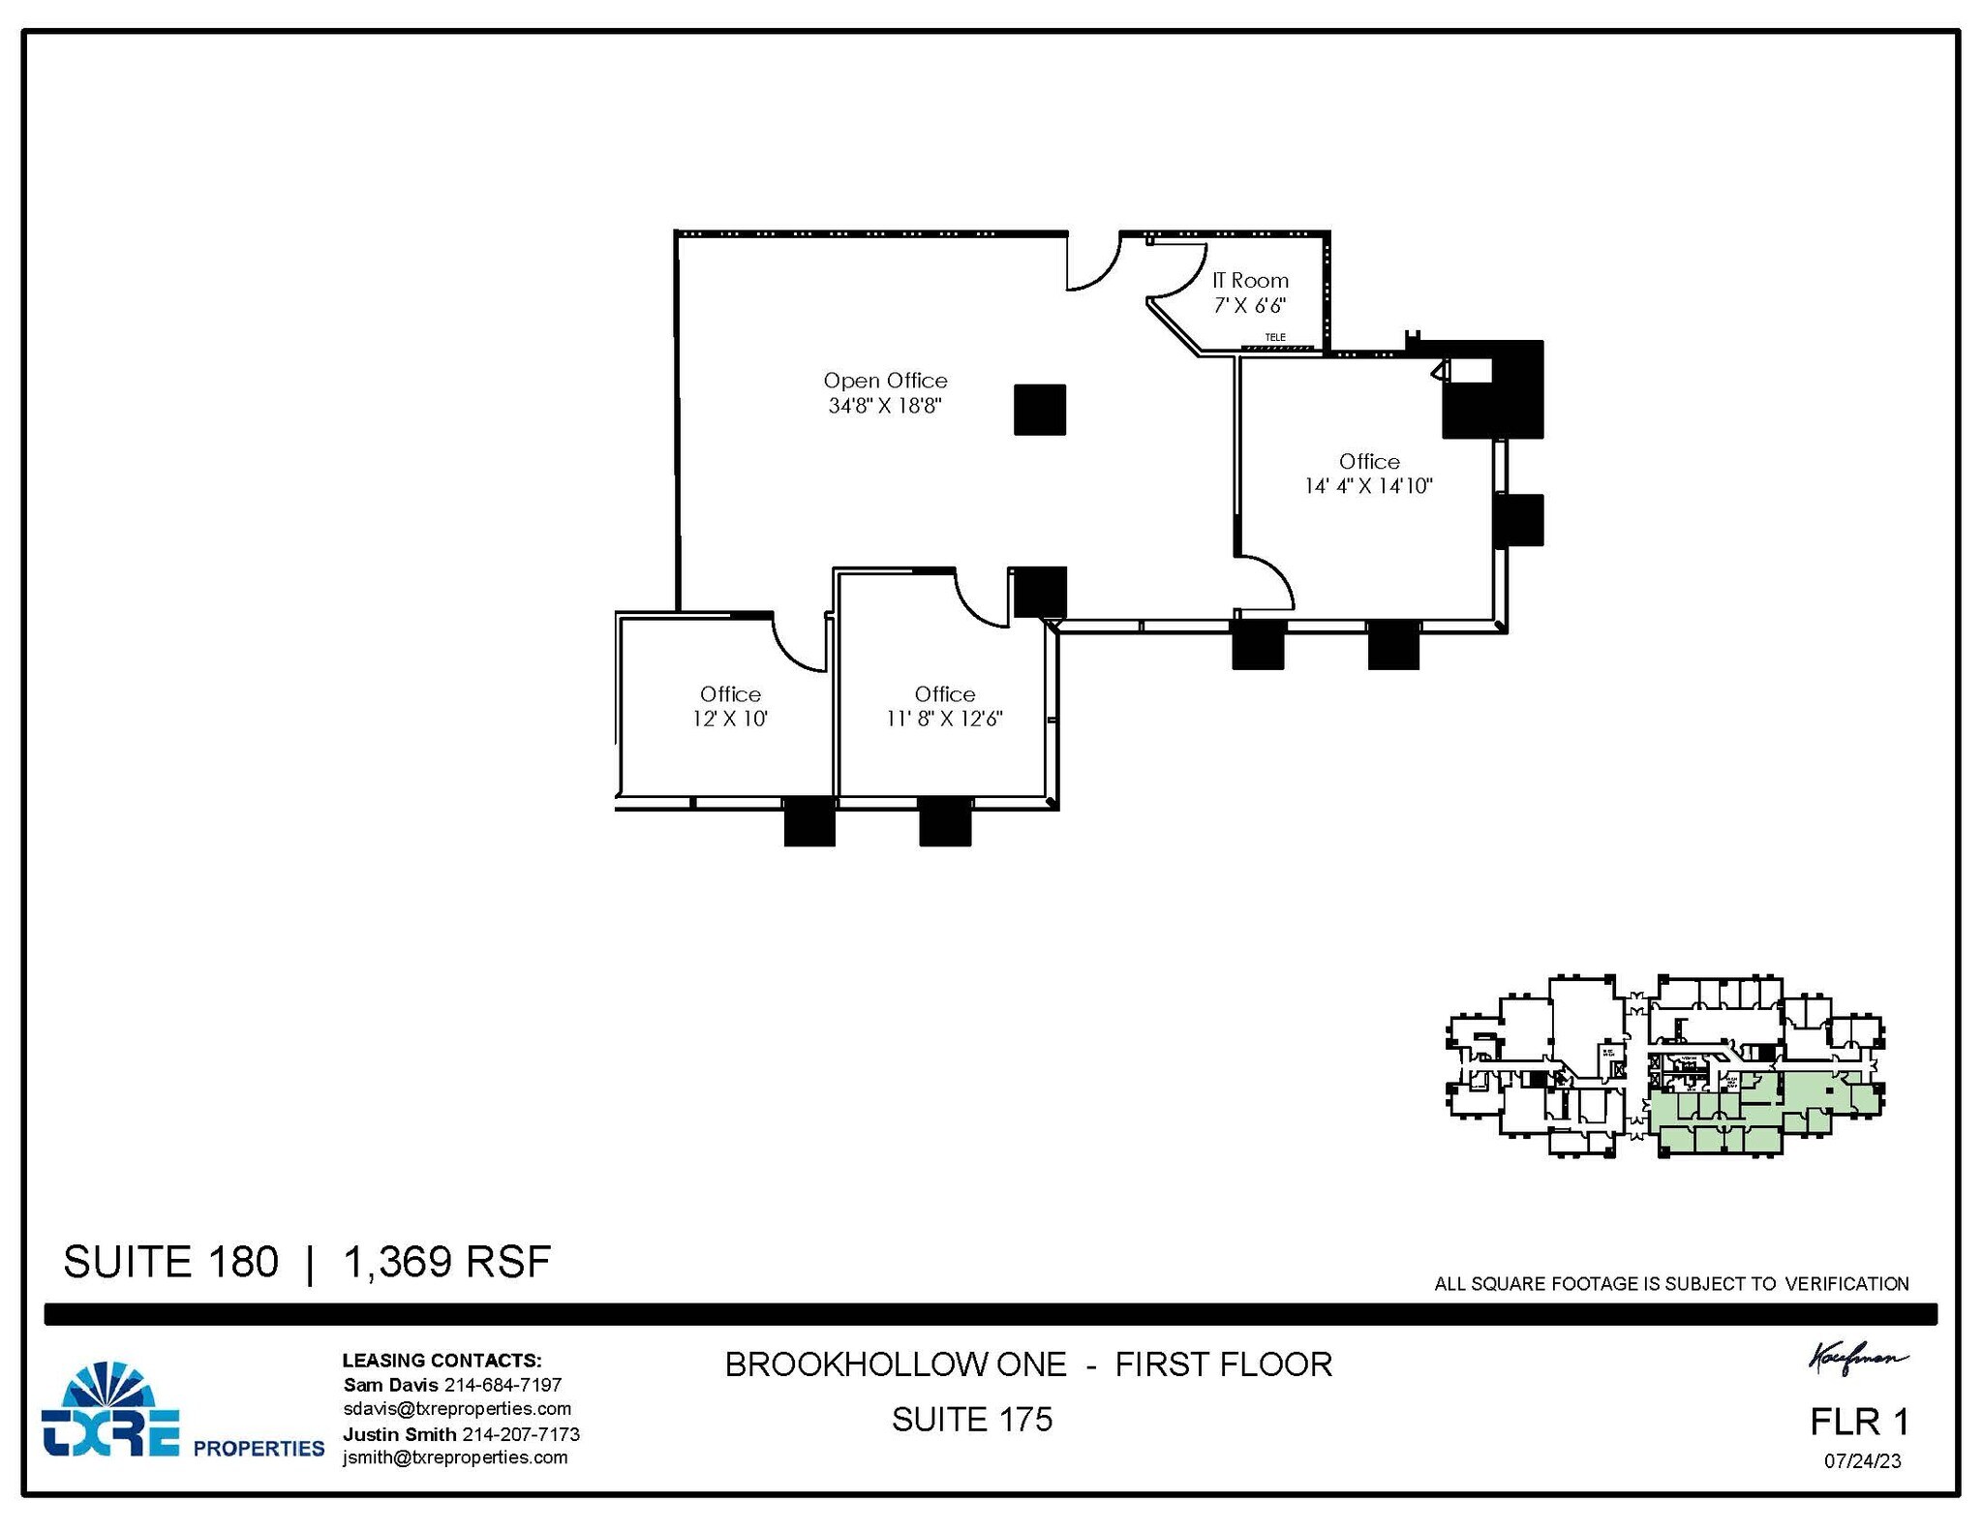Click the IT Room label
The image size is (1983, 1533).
point(1250,281)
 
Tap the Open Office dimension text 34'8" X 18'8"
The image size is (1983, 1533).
point(884,406)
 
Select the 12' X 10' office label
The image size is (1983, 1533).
point(730,719)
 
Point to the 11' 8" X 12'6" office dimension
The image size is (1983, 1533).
point(944,719)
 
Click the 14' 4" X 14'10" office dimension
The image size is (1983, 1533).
point(1367,486)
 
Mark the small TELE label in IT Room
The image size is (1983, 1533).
point(1275,337)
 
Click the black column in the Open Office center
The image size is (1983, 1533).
point(1039,410)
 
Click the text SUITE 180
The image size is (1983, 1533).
point(170,1262)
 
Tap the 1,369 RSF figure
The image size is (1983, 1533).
point(446,1262)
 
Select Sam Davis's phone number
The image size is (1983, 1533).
point(503,1385)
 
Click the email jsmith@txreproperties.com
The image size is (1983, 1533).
point(455,1457)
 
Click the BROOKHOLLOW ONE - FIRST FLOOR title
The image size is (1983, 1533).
point(1028,1364)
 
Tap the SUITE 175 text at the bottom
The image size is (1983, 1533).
point(971,1420)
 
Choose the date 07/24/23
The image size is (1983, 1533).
point(1862,1461)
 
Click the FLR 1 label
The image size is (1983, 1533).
point(1859,1422)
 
